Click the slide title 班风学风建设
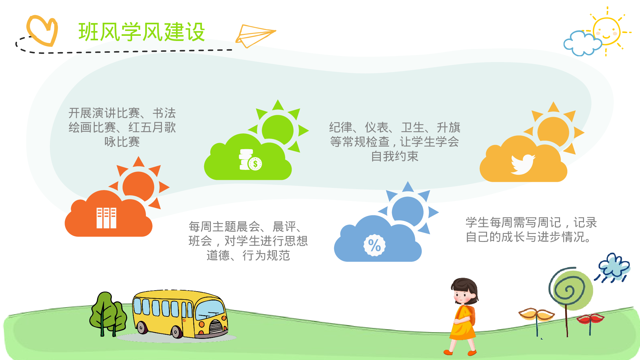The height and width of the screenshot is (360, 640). click(x=141, y=32)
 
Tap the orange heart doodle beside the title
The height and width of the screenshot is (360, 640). click(x=42, y=30)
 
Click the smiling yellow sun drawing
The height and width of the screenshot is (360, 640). click(x=606, y=31)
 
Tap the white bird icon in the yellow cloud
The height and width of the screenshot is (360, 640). click(x=523, y=164)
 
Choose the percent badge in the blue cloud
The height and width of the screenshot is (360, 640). click(x=374, y=245)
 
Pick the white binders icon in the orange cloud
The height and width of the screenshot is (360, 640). click(x=106, y=218)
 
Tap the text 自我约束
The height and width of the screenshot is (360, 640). click(x=395, y=156)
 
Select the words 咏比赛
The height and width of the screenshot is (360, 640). click(x=122, y=142)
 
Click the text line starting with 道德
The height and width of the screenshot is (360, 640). click(x=248, y=255)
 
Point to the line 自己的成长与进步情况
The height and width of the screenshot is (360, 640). click(x=528, y=237)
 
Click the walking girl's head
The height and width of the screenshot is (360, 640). click(x=464, y=291)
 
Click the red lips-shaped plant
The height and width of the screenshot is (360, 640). click(x=590, y=319)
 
